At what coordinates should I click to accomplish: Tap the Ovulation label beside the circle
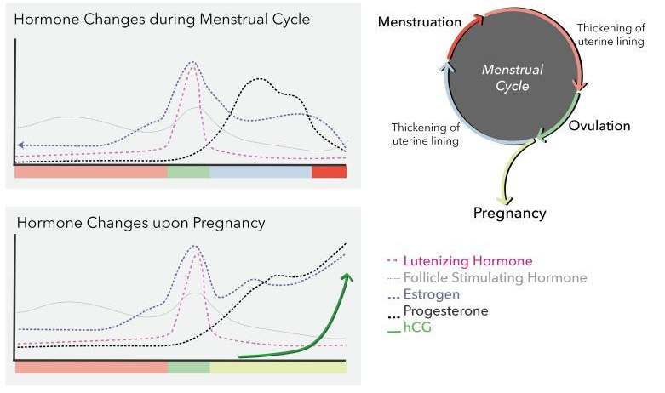600,126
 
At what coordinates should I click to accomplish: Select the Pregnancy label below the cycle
509,214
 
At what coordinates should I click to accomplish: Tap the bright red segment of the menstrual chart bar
329,172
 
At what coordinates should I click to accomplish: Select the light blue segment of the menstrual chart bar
260,172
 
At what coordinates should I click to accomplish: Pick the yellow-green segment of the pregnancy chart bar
278,367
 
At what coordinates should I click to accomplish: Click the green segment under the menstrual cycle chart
187,172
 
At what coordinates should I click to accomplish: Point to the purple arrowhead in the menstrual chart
20,145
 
